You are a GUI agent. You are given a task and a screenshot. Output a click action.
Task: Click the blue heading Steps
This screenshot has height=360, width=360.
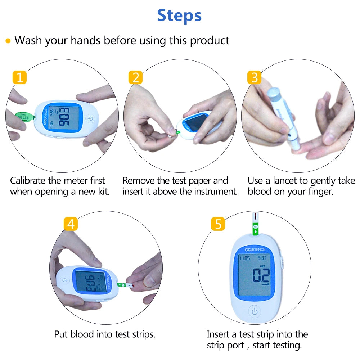click(179, 15)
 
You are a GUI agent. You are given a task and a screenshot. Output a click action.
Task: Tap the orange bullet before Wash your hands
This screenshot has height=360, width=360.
click(8, 41)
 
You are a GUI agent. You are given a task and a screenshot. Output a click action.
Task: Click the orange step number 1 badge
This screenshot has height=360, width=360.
click(19, 77)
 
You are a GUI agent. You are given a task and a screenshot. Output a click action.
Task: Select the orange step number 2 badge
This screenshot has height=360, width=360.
click(135, 77)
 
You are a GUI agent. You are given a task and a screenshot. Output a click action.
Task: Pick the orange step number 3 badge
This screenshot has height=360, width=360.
click(254, 77)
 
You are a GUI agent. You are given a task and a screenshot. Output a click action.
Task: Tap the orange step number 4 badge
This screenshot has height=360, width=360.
click(71, 224)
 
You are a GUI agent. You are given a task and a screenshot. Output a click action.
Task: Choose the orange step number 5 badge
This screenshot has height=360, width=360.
click(218, 224)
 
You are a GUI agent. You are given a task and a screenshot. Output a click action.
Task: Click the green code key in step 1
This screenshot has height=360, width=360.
click(24, 116)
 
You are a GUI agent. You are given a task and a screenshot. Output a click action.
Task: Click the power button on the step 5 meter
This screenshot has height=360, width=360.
click(255, 311)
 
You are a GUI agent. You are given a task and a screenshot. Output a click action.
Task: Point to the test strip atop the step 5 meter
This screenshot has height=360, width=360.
click(255, 223)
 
